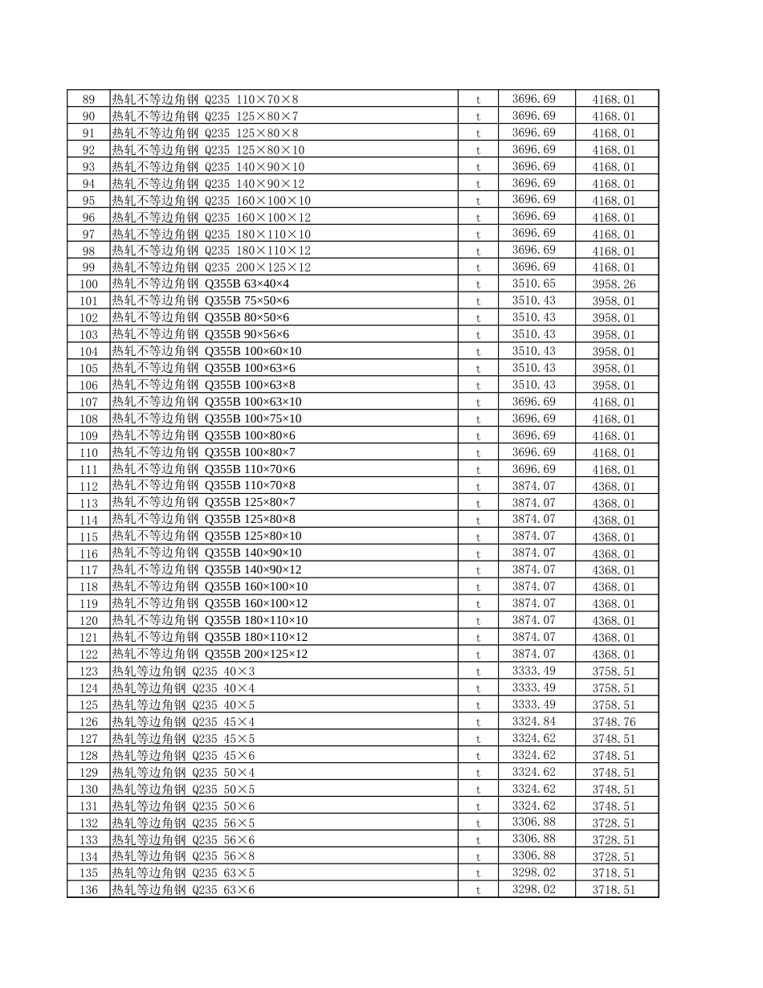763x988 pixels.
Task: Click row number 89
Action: [88, 100]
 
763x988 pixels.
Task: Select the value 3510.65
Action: [533, 284]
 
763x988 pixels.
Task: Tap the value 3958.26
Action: [614, 284]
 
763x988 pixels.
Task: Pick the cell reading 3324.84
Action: [533, 721]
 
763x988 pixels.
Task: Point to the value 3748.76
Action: [614, 722]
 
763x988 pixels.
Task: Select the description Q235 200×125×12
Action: [211, 267]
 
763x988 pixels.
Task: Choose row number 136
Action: [88, 890]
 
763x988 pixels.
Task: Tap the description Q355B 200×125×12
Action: [210, 654]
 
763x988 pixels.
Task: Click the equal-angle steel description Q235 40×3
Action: [183, 672]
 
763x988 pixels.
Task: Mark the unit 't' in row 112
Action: [478, 486]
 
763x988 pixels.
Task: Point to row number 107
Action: [88, 402]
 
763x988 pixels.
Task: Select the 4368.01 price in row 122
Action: [614, 655]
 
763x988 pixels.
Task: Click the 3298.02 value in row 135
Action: [533, 872]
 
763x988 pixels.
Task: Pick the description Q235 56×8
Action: [183, 856]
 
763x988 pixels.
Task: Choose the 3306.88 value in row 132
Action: [533, 822]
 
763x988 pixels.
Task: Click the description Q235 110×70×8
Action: [205, 100]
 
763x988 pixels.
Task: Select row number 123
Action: [88, 672]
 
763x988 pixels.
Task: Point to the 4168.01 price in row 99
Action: [614, 267]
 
